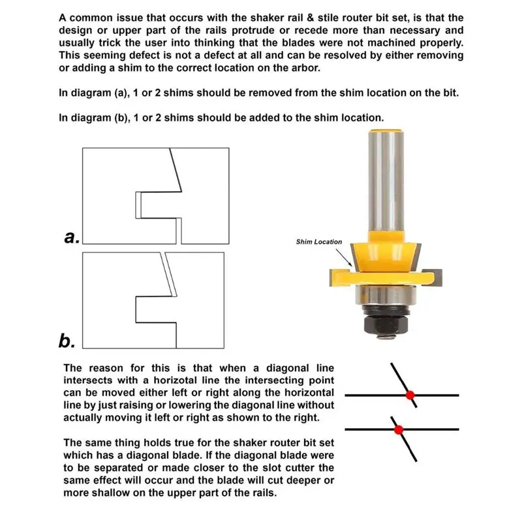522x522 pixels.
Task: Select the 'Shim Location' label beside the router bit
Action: (318, 242)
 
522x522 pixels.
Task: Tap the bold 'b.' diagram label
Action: (68, 340)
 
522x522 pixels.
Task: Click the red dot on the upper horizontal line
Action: (410, 395)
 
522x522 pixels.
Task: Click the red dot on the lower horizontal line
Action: (399, 429)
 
